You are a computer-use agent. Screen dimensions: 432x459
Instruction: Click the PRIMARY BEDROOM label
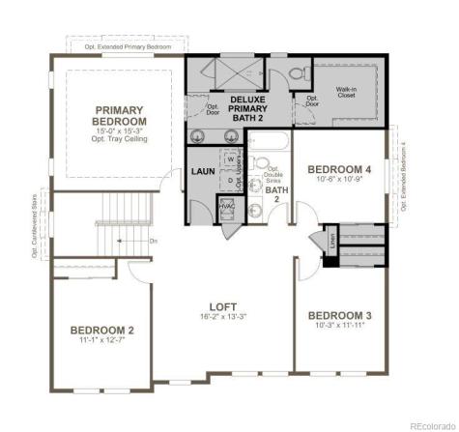(x=119, y=116)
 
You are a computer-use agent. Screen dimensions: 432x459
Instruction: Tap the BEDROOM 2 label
(x=101, y=331)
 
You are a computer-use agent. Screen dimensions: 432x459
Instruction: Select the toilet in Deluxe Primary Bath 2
(x=299, y=71)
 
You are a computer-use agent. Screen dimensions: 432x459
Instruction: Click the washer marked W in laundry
(x=228, y=161)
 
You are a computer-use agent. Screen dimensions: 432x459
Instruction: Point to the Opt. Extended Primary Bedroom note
(x=125, y=46)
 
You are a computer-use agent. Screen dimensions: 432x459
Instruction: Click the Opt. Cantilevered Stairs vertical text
(x=35, y=228)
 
